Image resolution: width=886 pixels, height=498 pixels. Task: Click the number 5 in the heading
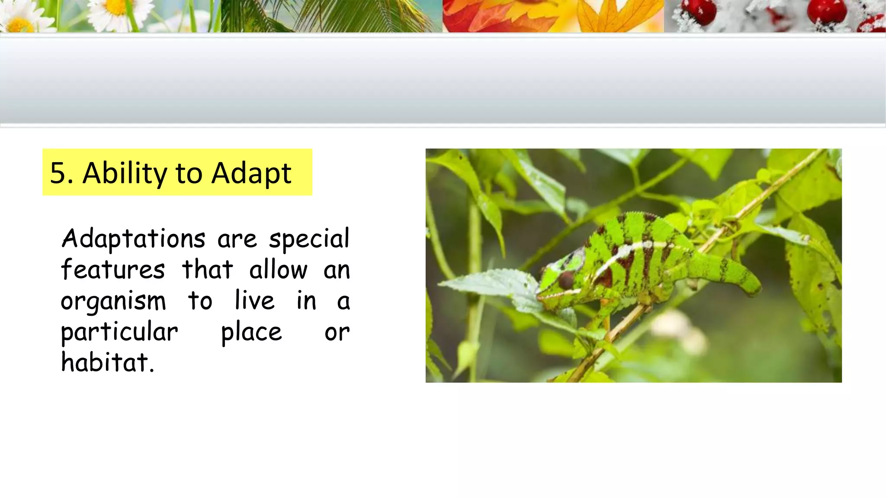58,173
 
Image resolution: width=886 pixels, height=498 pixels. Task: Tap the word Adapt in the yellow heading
251,173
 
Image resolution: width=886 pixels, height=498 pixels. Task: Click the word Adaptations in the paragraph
133,239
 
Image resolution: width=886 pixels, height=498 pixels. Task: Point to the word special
309,239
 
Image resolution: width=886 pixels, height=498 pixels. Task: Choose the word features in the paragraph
112,270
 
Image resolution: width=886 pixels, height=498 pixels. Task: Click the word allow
278,270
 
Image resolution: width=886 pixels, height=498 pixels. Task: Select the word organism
113,301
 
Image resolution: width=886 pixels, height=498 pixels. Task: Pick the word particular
119,332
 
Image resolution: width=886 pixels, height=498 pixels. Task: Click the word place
251,332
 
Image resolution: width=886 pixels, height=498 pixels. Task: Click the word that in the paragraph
207,270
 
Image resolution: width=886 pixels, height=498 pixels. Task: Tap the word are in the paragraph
237,239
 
